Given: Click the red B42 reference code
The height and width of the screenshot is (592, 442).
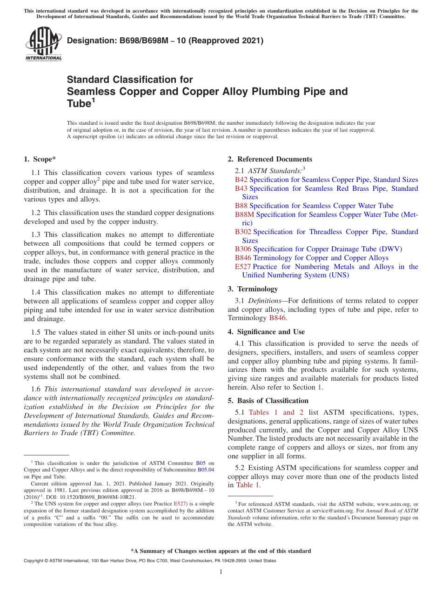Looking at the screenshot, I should (x=241, y=180).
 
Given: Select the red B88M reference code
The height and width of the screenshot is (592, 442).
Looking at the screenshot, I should (x=244, y=215).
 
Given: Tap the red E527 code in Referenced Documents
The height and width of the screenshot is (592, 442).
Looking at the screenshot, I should (x=243, y=267).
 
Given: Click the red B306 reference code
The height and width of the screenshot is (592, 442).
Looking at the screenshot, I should (x=243, y=249).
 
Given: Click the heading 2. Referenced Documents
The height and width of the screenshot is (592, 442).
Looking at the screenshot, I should (x=270, y=159).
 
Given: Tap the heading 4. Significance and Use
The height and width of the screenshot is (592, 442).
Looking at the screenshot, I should (x=266, y=332).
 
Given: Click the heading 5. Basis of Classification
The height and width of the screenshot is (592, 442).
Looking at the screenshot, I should (x=268, y=401).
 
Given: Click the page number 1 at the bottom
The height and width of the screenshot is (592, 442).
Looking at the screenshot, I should (x=221, y=572).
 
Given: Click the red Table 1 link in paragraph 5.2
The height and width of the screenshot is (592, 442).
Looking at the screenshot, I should (x=248, y=485).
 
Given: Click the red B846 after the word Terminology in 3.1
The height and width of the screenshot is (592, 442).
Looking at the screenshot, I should (x=278, y=318).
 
